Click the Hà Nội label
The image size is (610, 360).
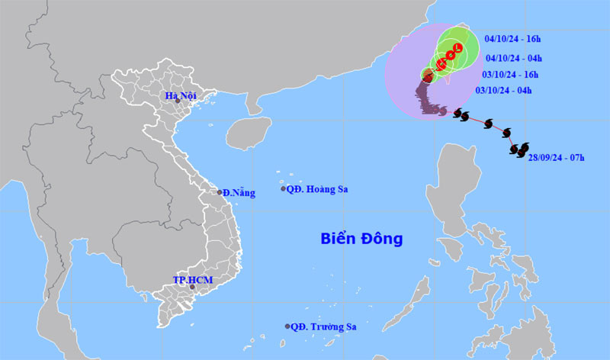183,95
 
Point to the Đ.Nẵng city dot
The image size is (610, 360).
220,192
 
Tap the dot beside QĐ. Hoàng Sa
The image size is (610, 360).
284,189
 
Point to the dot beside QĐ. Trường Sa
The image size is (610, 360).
287,326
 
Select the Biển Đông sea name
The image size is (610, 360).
361,239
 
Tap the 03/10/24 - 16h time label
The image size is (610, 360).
510,74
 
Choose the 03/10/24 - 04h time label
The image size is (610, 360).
504,91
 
